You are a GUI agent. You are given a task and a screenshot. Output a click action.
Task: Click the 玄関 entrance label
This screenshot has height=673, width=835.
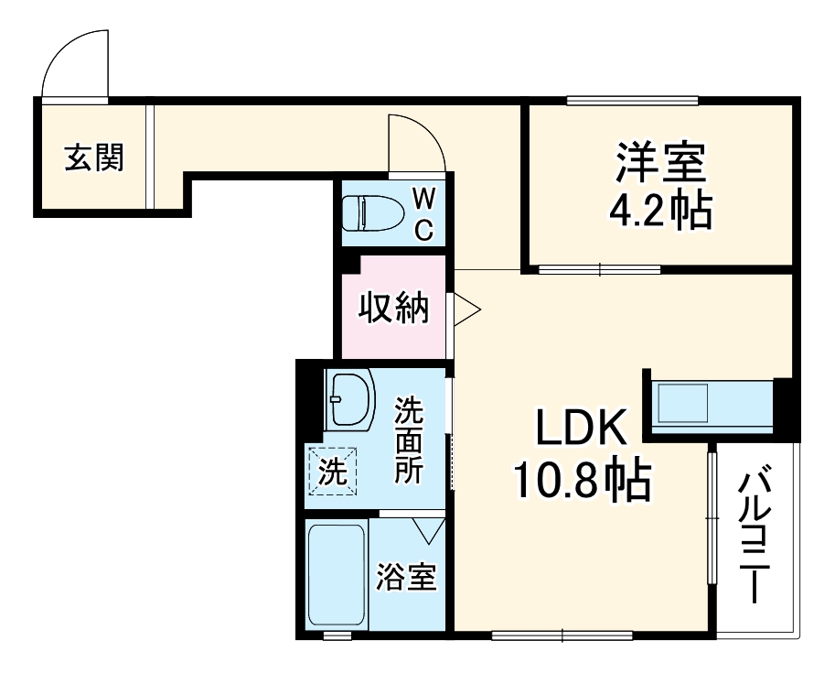click(x=93, y=158)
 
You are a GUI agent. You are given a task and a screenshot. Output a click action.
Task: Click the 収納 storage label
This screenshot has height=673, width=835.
click(x=393, y=309)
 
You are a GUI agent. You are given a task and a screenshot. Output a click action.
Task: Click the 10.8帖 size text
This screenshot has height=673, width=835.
click(x=582, y=480)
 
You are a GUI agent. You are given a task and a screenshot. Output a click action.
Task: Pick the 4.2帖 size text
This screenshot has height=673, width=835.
click(x=660, y=212)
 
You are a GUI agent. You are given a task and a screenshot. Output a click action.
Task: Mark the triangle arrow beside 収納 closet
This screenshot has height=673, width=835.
click(x=466, y=309)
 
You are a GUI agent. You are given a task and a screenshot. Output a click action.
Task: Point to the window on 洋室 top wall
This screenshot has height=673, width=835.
click(x=632, y=101)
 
